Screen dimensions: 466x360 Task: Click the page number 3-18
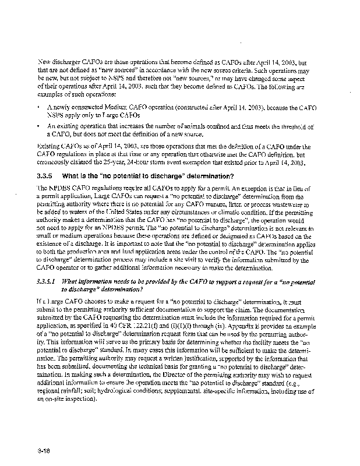click(44, 435)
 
